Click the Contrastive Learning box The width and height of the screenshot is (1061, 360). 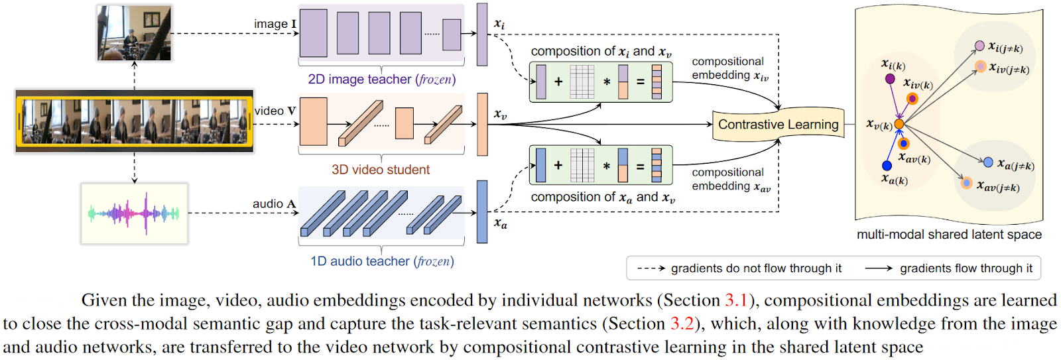coord(778,125)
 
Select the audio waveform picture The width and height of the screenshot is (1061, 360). coord(135,213)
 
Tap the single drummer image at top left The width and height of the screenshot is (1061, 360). coord(135,33)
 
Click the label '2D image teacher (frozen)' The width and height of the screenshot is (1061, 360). coord(381,80)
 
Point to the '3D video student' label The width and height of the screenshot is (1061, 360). coord(381,170)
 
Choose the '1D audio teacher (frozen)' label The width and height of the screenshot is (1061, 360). coord(382,261)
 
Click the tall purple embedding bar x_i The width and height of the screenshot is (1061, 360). coord(482,34)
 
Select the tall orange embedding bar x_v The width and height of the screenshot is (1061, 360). coord(482,124)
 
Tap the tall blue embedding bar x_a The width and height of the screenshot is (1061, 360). coord(482,211)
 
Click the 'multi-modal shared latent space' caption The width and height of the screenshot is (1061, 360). coord(948,235)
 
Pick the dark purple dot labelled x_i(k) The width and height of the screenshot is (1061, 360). coord(890,79)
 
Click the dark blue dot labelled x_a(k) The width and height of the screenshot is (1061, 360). coord(887,165)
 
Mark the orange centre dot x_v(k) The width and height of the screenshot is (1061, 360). coord(899,124)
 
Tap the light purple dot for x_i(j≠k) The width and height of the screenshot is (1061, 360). coord(979,46)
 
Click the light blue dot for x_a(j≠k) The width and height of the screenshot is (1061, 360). coord(988,162)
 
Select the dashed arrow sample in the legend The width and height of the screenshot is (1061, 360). coord(651,269)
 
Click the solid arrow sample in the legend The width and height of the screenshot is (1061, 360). coord(879,269)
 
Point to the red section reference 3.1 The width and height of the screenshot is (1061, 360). coord(735,300)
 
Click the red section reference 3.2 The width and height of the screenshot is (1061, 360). coord(682,324)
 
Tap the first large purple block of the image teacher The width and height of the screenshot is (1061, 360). coord(314,32)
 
